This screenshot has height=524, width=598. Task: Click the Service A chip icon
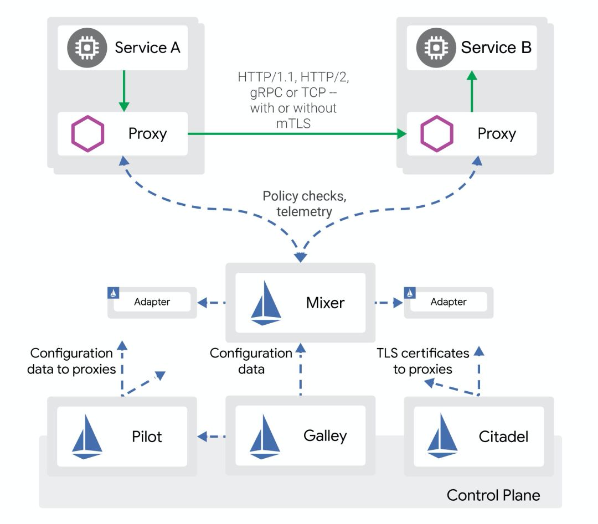click(86, 48)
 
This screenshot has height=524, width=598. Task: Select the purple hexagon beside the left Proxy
click(87, 134)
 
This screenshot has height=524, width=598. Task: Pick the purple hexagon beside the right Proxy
click(436, 134)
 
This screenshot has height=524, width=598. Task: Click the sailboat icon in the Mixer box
click(266, 303)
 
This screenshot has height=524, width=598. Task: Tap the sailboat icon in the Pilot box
click(87, 437)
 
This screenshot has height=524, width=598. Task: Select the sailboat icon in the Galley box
click(264, 437)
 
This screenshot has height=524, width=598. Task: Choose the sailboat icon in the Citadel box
click(442, 437)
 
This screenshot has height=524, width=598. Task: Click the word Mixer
click(325, 303)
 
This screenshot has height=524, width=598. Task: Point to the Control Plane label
click(493, 495)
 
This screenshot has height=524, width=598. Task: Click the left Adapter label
click(152, 302)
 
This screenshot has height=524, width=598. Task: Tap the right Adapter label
click(448, 302)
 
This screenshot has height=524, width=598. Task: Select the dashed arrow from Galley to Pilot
click(212, 437)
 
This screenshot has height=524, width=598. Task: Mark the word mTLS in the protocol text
click(293, 124)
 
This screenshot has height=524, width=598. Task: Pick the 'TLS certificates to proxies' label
click(423, 361)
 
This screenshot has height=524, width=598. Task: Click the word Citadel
click(503, 437)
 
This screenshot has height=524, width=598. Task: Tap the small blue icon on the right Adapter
click(410, 292)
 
